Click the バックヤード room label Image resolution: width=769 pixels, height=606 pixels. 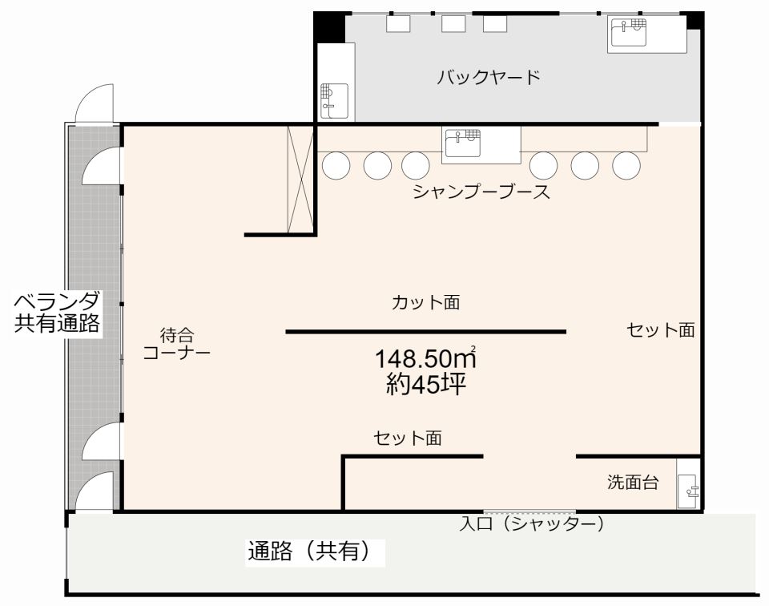pyautogui.click(x=488, y=78)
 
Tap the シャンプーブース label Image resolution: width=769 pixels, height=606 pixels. pyautogui.click(x=481, y=192)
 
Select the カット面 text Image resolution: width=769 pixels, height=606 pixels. pyautogui.click(x=425, y=303)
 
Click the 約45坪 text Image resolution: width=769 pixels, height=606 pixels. pyautogui.click(x=425, y=384)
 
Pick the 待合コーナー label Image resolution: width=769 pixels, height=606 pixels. pyautogui.click(x=176, y=344)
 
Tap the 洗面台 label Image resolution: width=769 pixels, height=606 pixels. pyautogui.click(x=633, y=483)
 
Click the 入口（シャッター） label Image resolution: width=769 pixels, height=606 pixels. pyautogui.click(x=531, y=525)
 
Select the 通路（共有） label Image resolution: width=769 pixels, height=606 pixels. pyautogui.click(x=312, y=551)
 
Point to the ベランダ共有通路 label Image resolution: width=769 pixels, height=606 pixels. pyautogui.click(x=57, y=313)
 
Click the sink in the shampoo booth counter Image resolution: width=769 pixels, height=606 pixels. pyautogui.click(x=462, y=143)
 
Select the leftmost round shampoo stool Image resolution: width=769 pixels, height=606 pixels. pyautogui.click(x=336, y=165)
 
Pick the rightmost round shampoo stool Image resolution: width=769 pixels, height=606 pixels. pyautogui.click(x=626, y=165)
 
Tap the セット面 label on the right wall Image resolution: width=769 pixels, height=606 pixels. pyautogui.click(x=661, y=330)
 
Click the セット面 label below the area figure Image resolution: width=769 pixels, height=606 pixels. pyautogui.click(x=408, y=438)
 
